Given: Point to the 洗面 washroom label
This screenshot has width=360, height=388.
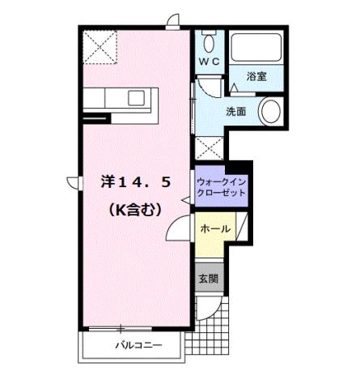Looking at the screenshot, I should coord(236,111).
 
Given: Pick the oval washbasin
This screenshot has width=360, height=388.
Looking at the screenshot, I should coord(270,111).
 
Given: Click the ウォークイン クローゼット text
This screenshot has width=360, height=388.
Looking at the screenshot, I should coord(221,188).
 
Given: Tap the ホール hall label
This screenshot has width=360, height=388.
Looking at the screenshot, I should coord(215,229).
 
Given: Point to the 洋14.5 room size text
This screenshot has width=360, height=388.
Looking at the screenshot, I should coord(135,182).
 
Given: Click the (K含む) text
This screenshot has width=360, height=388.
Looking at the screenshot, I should coord(136,208).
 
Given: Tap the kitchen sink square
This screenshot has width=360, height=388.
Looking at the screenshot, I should coord(137,97).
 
